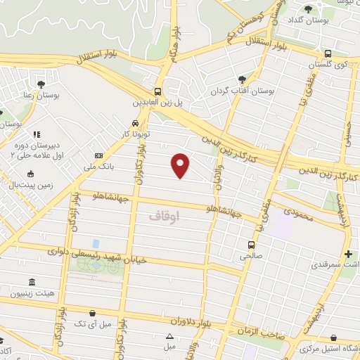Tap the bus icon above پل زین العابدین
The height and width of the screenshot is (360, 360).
click(158, 91)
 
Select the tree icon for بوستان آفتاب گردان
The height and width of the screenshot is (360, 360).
click(243, 79)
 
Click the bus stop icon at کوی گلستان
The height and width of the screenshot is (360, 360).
click(328, 53)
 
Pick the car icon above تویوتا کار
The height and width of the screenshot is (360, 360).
click(125, 122)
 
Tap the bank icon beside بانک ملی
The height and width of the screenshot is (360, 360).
click(98, 155)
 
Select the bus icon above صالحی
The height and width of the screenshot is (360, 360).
click(251, 245)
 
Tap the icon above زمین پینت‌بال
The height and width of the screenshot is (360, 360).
click(30, 174)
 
